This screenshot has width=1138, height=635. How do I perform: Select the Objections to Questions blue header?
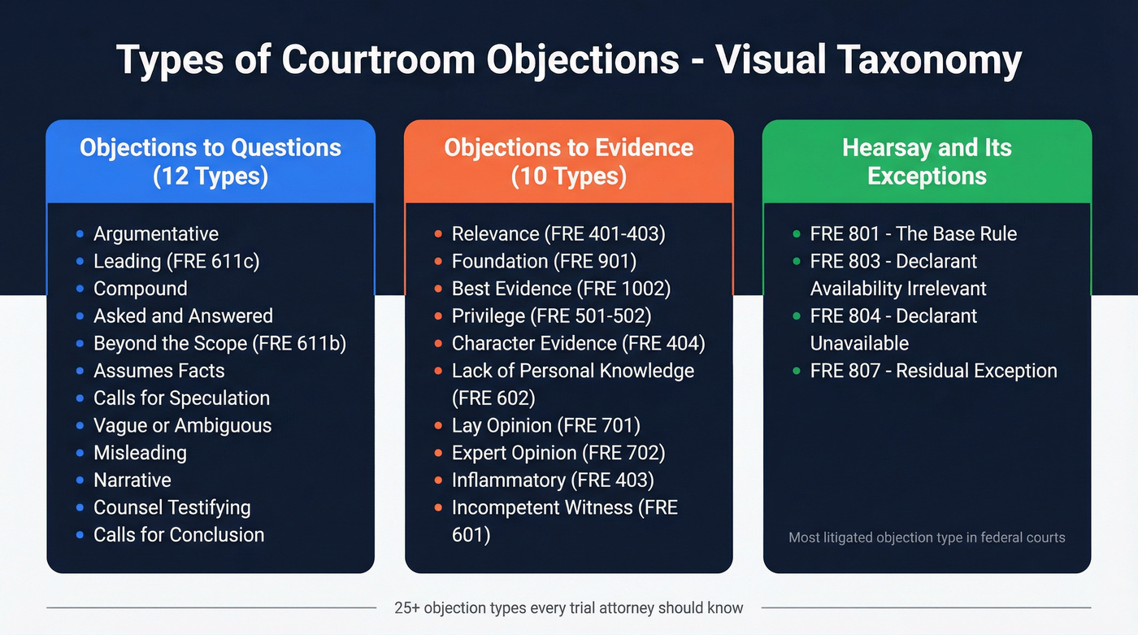(211, 162)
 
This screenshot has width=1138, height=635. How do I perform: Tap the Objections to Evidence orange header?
(569, 162)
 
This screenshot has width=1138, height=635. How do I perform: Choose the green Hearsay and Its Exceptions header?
(927, 162)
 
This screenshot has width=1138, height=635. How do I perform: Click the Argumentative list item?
(156, 234)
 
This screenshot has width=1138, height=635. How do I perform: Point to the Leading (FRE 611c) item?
(176, 261)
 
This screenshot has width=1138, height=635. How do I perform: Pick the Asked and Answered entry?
(183, 316)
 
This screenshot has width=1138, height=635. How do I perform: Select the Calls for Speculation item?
(181, 398)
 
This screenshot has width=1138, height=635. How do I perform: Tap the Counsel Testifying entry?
(172, 507)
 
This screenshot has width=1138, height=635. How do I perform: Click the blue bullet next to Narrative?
(80, 481)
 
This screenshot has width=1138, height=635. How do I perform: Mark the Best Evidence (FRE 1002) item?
(561, 289)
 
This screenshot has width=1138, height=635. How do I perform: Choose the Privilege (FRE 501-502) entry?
(551, 316)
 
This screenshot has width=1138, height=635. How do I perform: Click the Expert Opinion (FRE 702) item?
(558, 453)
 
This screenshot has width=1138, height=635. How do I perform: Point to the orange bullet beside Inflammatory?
(438, 481)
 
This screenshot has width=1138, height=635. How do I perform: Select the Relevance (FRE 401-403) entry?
(558, 234)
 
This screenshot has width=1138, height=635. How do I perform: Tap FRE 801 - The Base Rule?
(913, 234)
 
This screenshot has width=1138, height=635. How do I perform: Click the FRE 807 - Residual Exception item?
(933, 371)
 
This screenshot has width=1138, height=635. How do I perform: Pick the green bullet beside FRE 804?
(797, 316)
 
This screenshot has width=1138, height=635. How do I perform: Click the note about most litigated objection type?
(927, 537)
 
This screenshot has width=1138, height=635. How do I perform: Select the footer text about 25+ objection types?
(568, 607)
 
